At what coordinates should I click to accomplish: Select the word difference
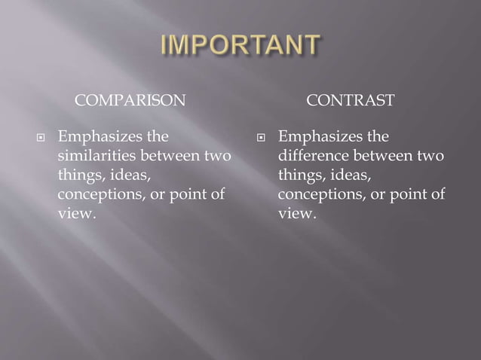pyautogui.click(x=310, y=157)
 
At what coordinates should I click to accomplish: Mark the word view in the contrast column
pyautogui.click(x=295, y=213)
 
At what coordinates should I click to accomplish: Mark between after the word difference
pyautogui.click(x=379, y=157)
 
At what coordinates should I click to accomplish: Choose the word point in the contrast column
pyautogui.click(x=409, y=194)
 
